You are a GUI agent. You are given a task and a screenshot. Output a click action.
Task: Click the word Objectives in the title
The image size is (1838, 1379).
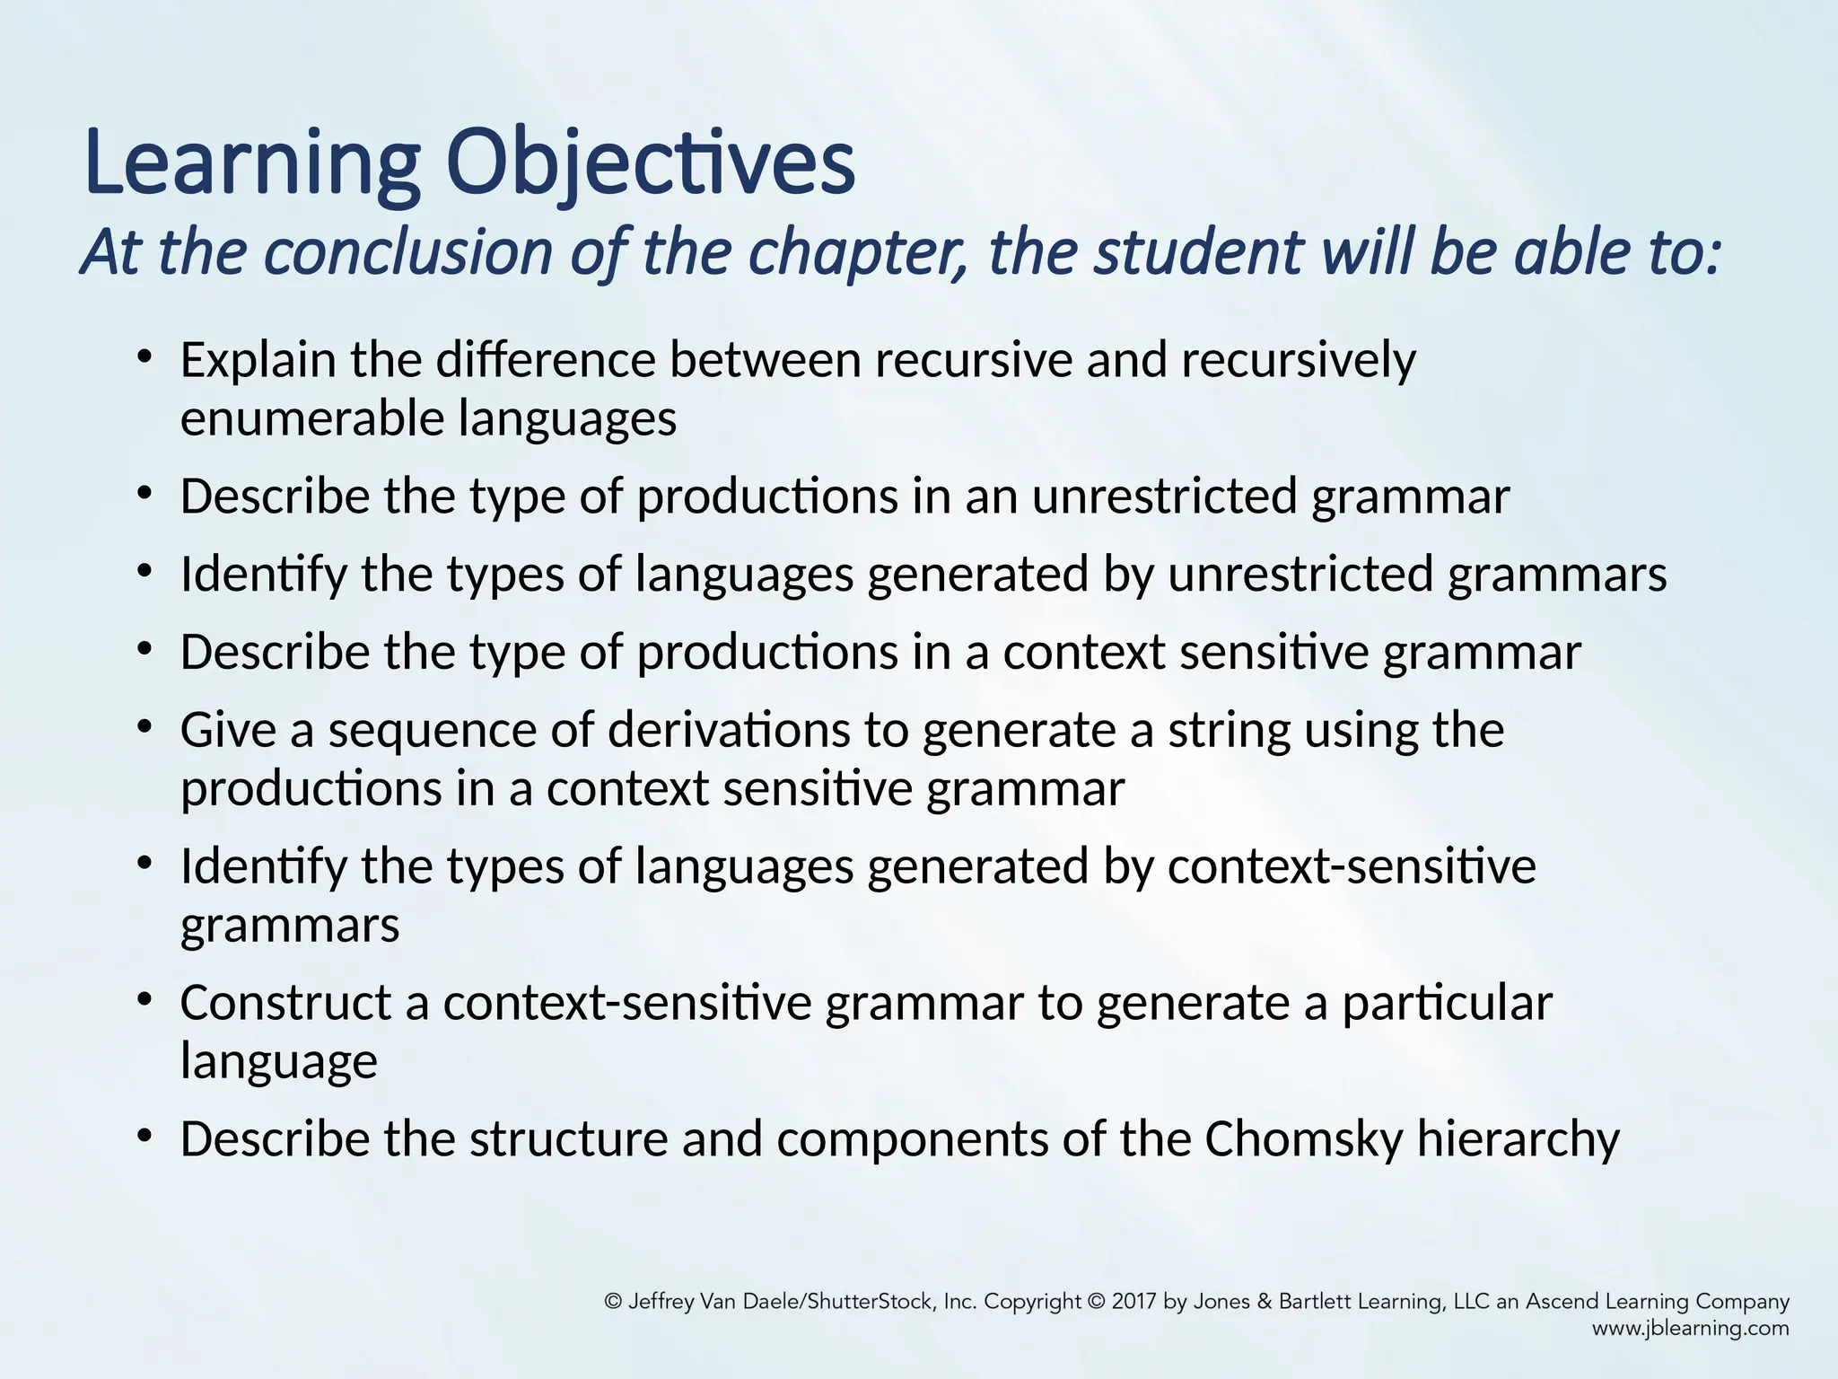tap(650, 164)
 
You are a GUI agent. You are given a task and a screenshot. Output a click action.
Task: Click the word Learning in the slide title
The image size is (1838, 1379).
tap(252, 164)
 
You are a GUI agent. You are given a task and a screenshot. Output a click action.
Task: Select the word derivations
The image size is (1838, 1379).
tap(728, 730)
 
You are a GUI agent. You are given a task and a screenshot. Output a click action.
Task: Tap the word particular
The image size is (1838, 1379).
tap(1447, 1003)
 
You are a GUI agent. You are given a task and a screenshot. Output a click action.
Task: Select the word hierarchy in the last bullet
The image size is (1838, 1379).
tap(1519, 1139)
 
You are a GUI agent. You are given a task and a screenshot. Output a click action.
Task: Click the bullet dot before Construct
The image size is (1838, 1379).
tap(144, 1000)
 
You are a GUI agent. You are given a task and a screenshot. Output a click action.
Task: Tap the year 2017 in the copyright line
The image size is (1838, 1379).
tap(1134, 1302)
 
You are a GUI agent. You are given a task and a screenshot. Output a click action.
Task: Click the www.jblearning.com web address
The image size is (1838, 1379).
tap(1690, 1329)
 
